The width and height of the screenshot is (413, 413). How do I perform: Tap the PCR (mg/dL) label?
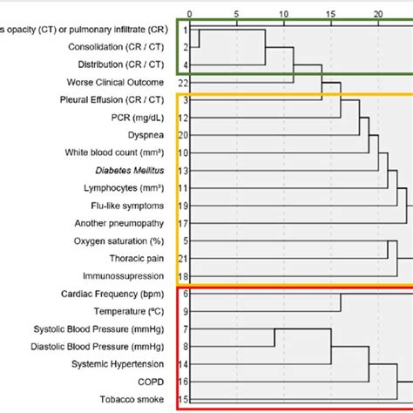tap(139, 117)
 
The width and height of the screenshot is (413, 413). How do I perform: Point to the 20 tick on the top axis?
tap(377, 15)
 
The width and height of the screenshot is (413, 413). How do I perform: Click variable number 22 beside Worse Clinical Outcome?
tap(184, 82)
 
